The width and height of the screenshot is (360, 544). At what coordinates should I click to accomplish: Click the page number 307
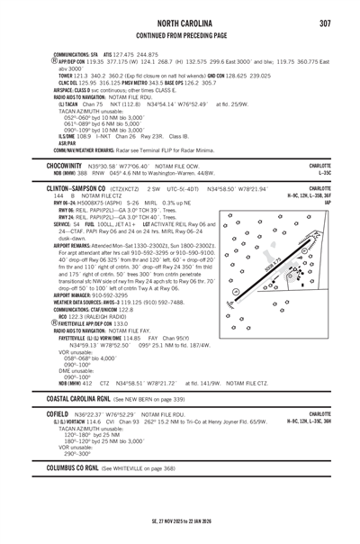pyautogui.click(x=324, y=23)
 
